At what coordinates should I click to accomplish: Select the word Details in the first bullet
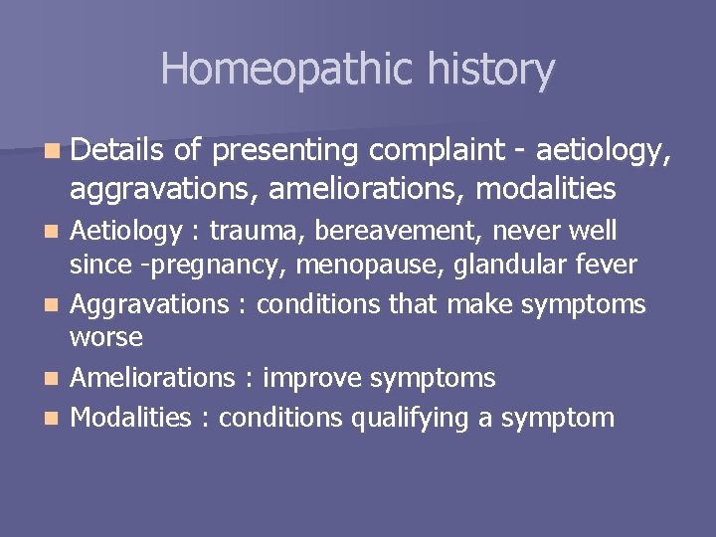116,151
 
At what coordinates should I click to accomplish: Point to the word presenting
286,151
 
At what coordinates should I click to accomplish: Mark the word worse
105,338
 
